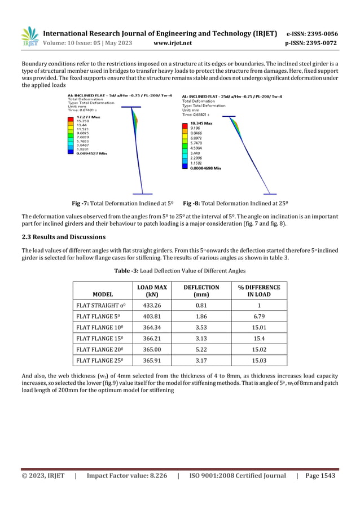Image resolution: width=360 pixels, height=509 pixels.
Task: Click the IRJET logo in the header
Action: pos(30,37)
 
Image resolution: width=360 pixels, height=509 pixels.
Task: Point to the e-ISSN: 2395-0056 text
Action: pos(313,33)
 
